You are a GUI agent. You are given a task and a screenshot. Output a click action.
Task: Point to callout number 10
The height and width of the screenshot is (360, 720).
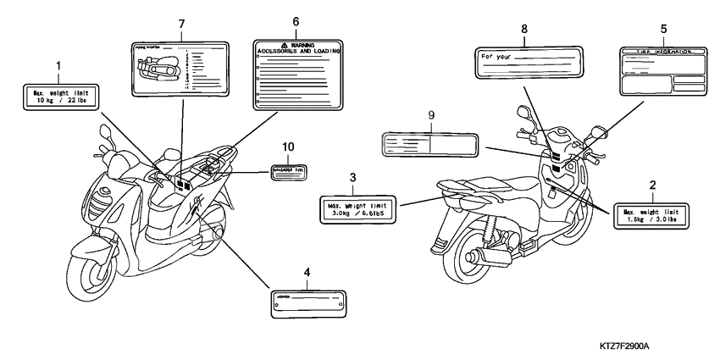pos(289,147)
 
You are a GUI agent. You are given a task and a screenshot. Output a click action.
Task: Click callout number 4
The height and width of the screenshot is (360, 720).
pos(307,273)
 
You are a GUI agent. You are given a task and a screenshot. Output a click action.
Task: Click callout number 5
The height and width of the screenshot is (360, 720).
pos(662,27)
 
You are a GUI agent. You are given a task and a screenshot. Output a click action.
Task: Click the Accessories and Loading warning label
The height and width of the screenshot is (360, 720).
pos(298,75)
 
